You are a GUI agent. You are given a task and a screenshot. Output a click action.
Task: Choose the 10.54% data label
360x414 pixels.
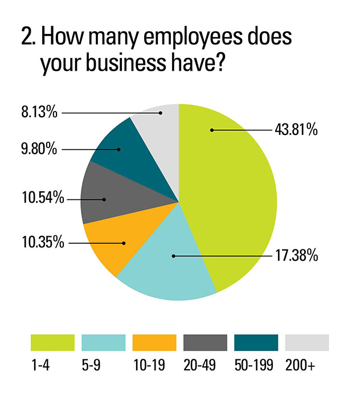[36, 199]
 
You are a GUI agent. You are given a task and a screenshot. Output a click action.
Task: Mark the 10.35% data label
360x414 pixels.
[36, 243]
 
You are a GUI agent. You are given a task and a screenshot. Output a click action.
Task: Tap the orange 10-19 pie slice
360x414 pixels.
[111, 242]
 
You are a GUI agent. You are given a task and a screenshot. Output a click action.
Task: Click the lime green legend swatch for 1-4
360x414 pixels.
[52, 343]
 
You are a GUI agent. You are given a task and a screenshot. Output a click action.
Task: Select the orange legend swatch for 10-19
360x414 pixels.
[154, 343]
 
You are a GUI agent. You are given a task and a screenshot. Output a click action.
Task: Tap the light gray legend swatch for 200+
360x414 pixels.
[306, 343]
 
